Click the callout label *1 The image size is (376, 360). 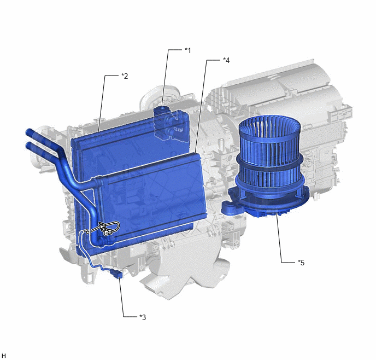click(x=188, y=50)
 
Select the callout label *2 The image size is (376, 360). click(x=125, y=76)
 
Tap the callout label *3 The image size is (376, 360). click(x=143, y=317)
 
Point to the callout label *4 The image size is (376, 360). click(x=226, y=60)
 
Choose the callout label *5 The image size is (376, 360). click(x=301, y=263)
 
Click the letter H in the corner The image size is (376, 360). click(x=4, y=356)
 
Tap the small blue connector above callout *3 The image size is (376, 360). click(x=117, y=274)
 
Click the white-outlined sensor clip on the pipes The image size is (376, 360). click(x=108, y=229)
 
